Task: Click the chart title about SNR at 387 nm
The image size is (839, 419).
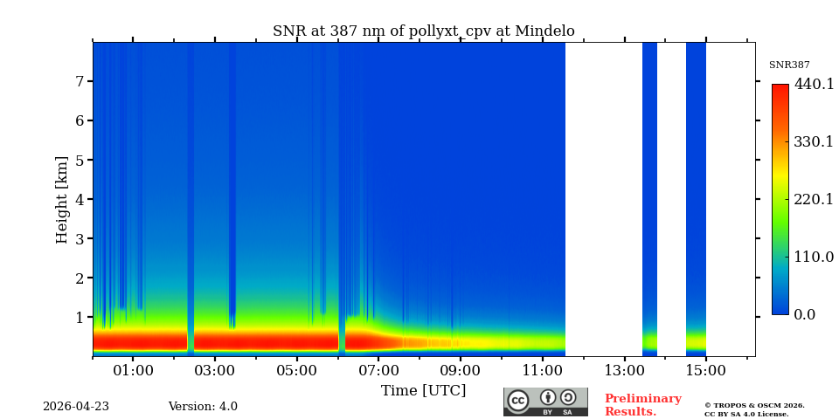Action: click(x=423, y=31)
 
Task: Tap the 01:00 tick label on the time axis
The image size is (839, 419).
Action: click(x=133, y=371)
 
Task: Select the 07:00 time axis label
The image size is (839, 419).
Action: click(x=378, y=371)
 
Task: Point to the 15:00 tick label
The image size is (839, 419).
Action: click(x=705, y=371)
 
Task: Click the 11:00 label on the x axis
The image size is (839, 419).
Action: click(x=542, y=371)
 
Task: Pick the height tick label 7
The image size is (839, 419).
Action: click(x=79, y=81)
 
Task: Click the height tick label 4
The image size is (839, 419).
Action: click(x=79, y=199)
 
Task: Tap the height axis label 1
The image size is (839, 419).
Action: click(x=79, y=317)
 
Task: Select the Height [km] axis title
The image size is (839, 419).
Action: click(x=62, y=199)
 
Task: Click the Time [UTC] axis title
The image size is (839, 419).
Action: click(x=423, y=391)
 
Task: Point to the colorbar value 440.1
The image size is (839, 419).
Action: click(x=814, y=85)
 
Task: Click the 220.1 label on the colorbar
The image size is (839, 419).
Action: click(x=814, y=199)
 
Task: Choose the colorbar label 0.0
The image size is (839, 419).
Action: click(x=805, y=314)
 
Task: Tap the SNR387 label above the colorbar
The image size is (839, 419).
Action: click(x=789, y=65)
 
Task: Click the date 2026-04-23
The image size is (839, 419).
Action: click(x=76, y=407)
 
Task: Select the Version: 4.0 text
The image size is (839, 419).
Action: click(x=203, y=407)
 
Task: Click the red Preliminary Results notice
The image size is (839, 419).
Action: click(x=642, y=405)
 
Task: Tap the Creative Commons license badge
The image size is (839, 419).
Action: click(x=545, y=402)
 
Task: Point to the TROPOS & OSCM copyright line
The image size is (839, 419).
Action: click(x=754, y=405)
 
